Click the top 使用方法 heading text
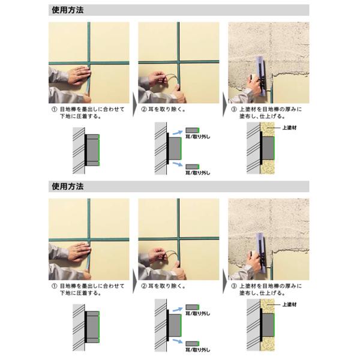pos(67,10)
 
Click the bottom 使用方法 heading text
pos(67,187)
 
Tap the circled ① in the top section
pos(54,109)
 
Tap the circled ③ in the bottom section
pos(234,286)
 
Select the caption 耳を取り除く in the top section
pos(166,109)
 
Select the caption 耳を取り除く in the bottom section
pos(166,286)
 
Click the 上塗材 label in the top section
pos(289,128)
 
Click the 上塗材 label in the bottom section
pos(289,304)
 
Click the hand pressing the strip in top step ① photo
pos(79,74)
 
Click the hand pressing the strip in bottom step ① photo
pos(79,251)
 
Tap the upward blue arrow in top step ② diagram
pos(177,132)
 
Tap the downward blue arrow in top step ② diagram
pos(177,164)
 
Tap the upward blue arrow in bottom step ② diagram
pos(177,309)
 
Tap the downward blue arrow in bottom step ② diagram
pos(177,341)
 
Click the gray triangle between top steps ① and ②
pos(134,104)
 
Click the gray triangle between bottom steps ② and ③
pos(224,281)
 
